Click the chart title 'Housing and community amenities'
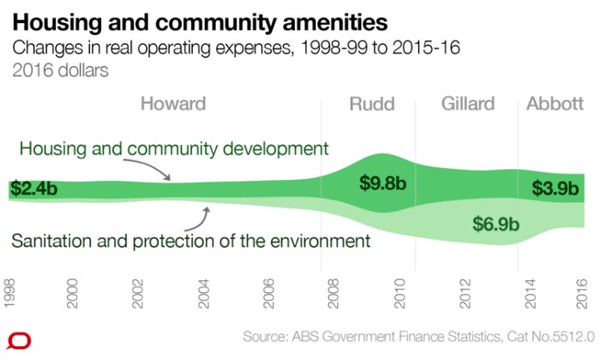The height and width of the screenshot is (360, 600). tap(200, 22)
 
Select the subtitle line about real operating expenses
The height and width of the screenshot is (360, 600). tap(236, 48)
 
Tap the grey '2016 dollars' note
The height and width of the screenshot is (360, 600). tap(61, 71)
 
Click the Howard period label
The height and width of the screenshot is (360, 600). tap(173, 104)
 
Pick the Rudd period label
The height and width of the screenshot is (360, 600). tap(372, 104)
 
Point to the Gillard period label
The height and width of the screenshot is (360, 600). tap(468, 104)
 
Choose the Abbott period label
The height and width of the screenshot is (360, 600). tap(555, 104)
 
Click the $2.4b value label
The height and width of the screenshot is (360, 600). tap(33, 189)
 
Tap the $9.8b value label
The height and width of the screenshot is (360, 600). tap(382, 183)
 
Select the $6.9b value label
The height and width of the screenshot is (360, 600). tap(496, 224)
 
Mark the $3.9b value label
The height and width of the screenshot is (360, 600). tap(555, 189)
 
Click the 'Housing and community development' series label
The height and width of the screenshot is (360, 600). tap(174, 149)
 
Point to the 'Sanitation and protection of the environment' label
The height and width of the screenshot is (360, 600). tap(191, 242)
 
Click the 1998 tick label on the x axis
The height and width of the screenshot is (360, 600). tap(9, 293)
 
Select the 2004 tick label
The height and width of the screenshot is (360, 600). tap(204, 294)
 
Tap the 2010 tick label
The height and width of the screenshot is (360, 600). tap(399, 294)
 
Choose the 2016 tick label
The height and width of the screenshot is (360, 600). tap(582, 294)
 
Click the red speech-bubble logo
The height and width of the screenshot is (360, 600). tap(19, 341)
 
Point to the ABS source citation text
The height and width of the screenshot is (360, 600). tap(418, 337)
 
